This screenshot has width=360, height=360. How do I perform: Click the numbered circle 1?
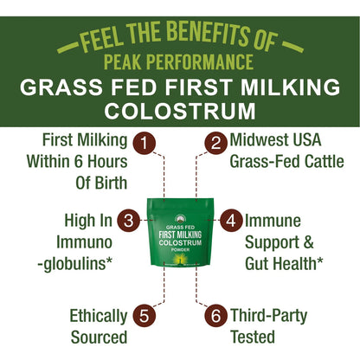[x=145, y=143]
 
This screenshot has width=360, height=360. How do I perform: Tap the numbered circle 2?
[x=216, y=142]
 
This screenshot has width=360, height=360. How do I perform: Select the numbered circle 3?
[x=129, y=221]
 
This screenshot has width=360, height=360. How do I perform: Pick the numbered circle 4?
[x=231, y=221]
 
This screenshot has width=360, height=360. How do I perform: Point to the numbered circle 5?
[x=145, y=316]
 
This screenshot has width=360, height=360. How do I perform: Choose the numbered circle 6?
[x=215, y=316]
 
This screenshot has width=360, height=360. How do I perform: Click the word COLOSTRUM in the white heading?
[x=180, y=111]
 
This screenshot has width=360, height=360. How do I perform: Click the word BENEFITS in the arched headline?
[x=207, y=34]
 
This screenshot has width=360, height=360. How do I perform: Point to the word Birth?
[x=112, y=183]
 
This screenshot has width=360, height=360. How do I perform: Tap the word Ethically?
[x=99, y=316]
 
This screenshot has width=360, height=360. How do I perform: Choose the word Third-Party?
[x=268, y=316]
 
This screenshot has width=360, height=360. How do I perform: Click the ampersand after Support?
[x=308, y=242]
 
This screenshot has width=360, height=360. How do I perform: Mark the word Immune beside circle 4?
[x=273, y=221]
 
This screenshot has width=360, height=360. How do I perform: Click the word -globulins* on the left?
[x=75, y=264]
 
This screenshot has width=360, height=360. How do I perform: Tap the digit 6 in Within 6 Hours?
[x=78, y=162]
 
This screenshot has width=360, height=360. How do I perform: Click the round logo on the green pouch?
[x=180, y=220]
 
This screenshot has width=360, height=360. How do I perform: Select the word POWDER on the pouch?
[x=180, y=250]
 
